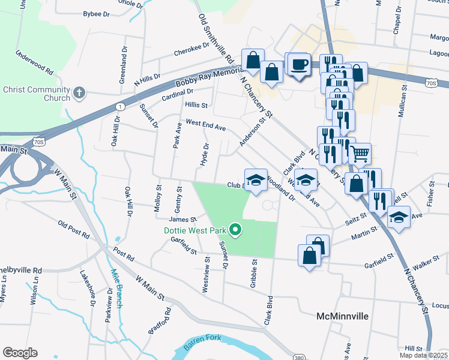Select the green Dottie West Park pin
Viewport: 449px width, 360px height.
pyautogui.click(x=236, y=229)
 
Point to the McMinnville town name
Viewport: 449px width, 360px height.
pyautogui.click(x=342, y=316)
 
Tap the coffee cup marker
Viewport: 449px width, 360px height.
pyautogui.click(x=298, y=64)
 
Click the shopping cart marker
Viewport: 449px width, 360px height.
pyautogui.click(x=360, y=154)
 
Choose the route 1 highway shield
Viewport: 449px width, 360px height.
pyautogui.click(x=121, y=107)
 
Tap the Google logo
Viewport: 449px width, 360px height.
pyautogui.click(x=20, y=352)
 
